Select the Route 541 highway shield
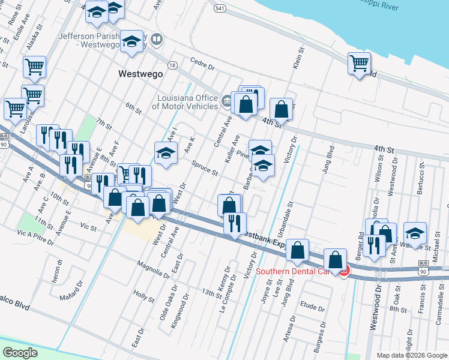pyautogui.click(x=220, y=8)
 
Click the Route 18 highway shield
pyautogui.click(x=172, y=65)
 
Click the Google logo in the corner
pyautogui.click(x=20, y=353)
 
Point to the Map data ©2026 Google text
pyautogui.click(x=411, y=355)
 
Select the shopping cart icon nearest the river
pyautogui.click(x=359, y=63)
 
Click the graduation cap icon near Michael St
pyautogui.click(x=415, y=233)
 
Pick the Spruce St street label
pyautogui.click(x=205, y=167)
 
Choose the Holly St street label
pyautogui.click(x=144, y=296)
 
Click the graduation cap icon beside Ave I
pyautogui.click(x=166, y=152)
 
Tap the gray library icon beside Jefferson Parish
pyautogui.click(x=157, y=40)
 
